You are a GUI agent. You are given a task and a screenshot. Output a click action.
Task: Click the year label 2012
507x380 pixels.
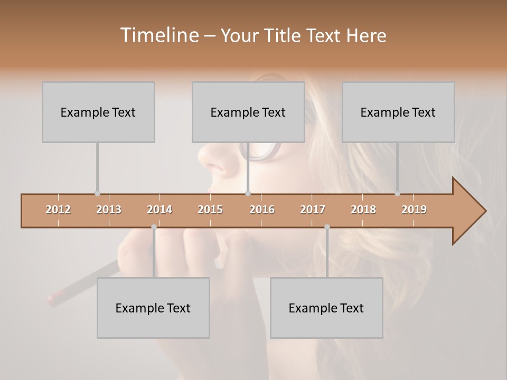[58, 210]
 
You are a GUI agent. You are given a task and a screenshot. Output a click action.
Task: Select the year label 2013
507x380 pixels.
[109, 210]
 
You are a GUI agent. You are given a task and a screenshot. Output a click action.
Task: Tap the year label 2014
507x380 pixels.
[159, 210]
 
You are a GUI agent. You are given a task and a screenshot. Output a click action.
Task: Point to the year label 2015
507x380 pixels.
[210, 210]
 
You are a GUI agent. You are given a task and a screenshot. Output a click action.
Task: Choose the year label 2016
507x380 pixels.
[262, 210]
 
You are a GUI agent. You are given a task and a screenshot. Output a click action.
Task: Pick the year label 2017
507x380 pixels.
[313, 210]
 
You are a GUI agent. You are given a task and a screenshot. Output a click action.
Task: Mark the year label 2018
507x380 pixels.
[363, 210]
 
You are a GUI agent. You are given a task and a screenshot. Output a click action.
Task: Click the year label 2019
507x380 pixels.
[414, 210]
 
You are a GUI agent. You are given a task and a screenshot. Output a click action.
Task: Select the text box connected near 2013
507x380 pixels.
[98, 112]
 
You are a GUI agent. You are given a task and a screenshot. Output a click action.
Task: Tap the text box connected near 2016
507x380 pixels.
[248, 112]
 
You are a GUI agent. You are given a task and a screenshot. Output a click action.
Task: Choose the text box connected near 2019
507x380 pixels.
[398, 112]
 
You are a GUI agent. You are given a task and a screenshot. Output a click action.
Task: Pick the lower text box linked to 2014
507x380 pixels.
[153, 308]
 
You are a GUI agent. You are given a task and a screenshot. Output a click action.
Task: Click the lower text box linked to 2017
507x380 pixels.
[326, 308]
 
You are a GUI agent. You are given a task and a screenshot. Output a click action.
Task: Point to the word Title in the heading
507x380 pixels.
[286, 35]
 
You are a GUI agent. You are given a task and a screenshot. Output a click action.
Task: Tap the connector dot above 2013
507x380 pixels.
[97, 193]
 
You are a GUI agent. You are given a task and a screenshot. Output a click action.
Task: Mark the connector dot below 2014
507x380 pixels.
[154, 227]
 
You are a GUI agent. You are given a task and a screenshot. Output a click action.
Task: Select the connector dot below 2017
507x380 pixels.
[327, 227]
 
